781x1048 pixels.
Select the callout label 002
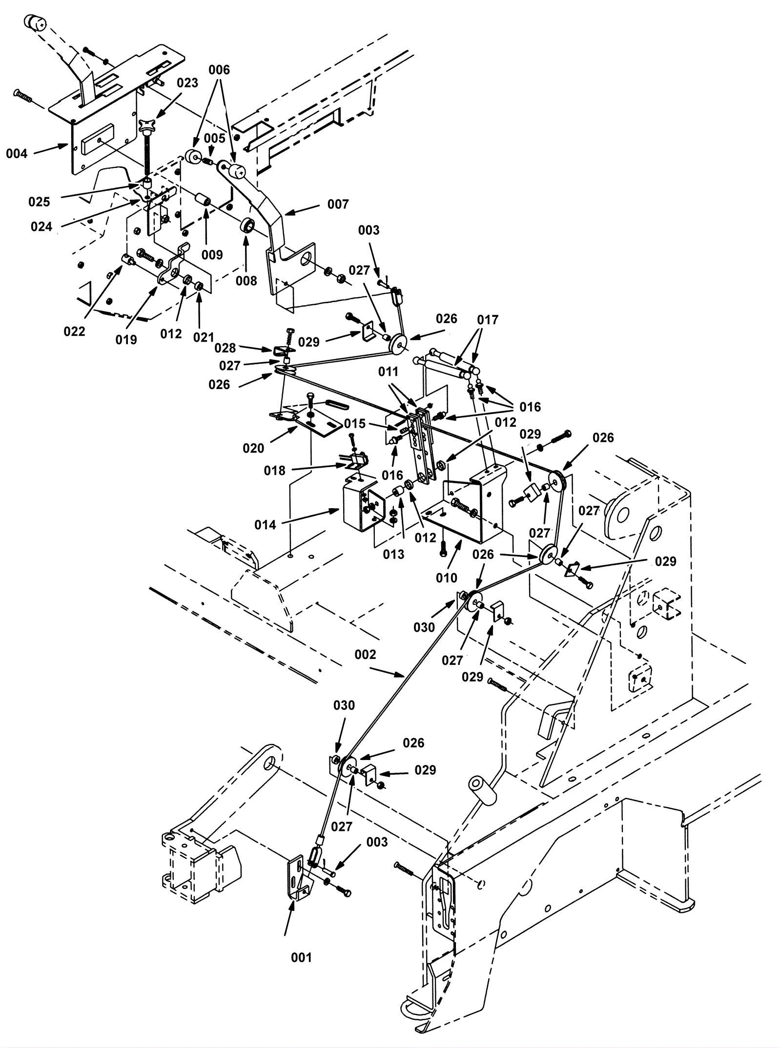point(366,655)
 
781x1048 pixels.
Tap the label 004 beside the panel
point(17,154)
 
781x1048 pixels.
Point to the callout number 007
point(338,204)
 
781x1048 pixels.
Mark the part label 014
point(265,525)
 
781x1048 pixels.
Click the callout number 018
point(274,470)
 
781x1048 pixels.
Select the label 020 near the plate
point(253,448)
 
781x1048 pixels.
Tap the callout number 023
point(187,83)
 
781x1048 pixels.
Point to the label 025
point(39,202)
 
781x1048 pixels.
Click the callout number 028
point(225,348)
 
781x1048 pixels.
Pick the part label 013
point(393,554)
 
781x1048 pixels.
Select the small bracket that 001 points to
point(298,879)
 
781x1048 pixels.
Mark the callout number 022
point(74,331)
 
